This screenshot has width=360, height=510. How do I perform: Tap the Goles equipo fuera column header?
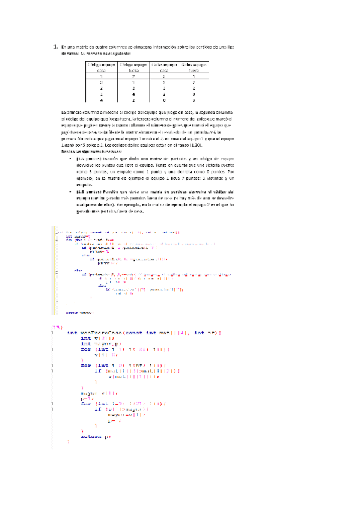tap(193, 67)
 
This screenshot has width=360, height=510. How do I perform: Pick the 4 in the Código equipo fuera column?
tap(133, 94)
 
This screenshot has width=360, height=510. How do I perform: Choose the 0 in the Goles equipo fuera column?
tap(193, 94)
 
